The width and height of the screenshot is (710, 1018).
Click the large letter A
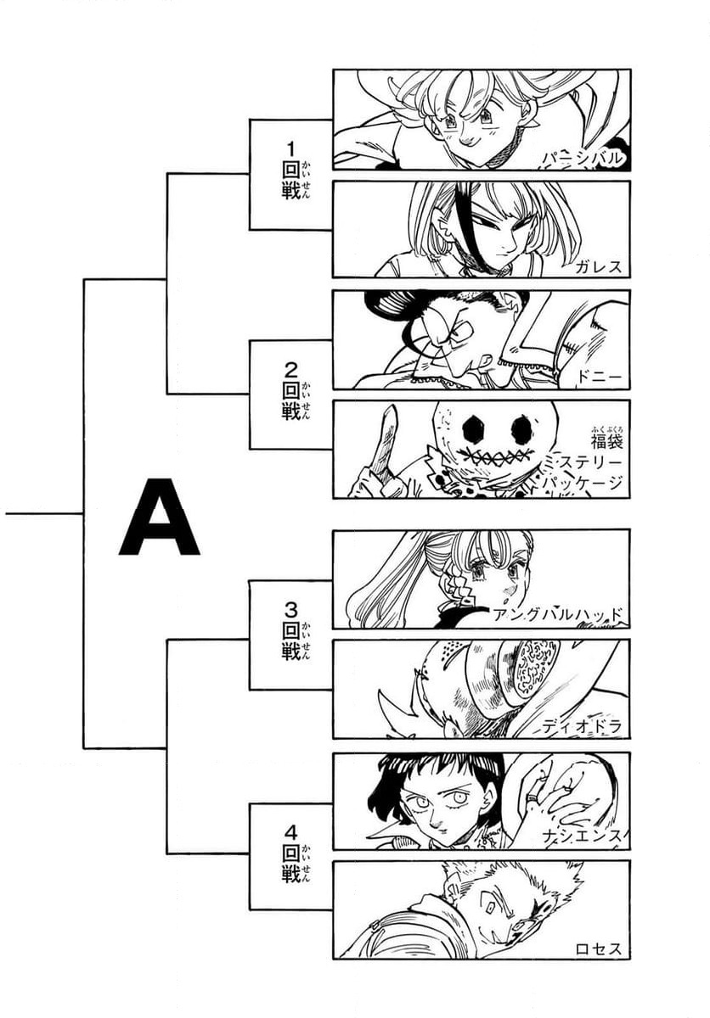(159, 517)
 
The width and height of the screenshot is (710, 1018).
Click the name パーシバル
(583, 158)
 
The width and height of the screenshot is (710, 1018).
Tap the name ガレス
(598, 266)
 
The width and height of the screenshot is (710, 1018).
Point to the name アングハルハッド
(558, 616)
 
